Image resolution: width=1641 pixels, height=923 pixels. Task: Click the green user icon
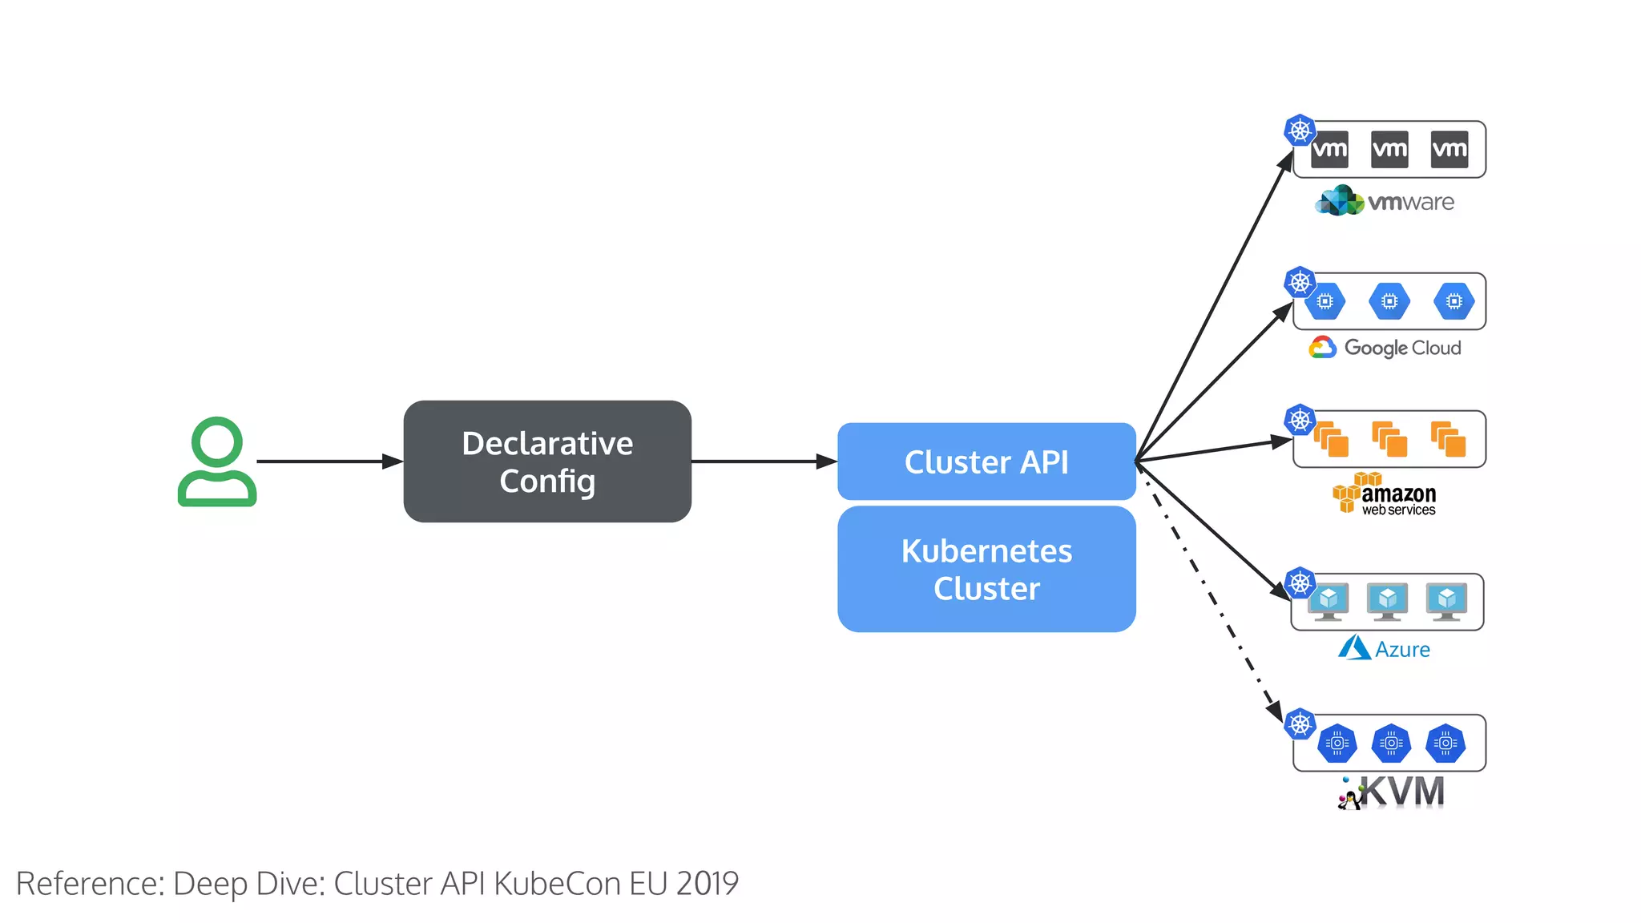(x=216, y=461)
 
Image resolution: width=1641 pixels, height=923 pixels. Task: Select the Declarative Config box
(x=547, y=461)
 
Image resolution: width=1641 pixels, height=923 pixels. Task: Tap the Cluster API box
(x=986, y=461)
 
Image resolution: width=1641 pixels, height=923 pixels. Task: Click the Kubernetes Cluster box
(x=986, y=569)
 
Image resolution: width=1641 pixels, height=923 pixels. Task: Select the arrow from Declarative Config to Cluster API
(x=761, y=461)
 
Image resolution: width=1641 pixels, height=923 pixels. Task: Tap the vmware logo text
(x=1410, y=202)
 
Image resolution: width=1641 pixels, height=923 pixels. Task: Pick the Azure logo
(x=1385, y=648)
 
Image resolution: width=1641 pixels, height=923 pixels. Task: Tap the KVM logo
(x=1393, y=792)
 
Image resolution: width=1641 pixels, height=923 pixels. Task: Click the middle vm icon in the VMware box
(x=1389, y=149)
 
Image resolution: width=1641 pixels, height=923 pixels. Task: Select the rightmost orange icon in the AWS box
(x=1449, y=439)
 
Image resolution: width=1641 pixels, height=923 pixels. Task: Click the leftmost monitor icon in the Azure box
(x=1329, y=602)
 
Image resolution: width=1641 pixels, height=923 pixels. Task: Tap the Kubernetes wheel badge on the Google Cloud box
(x=1300, y=282)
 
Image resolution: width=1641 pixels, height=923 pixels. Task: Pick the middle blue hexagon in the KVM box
(x=1392, y=744)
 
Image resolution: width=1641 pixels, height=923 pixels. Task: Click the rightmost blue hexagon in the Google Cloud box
(x=1454, y=301)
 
